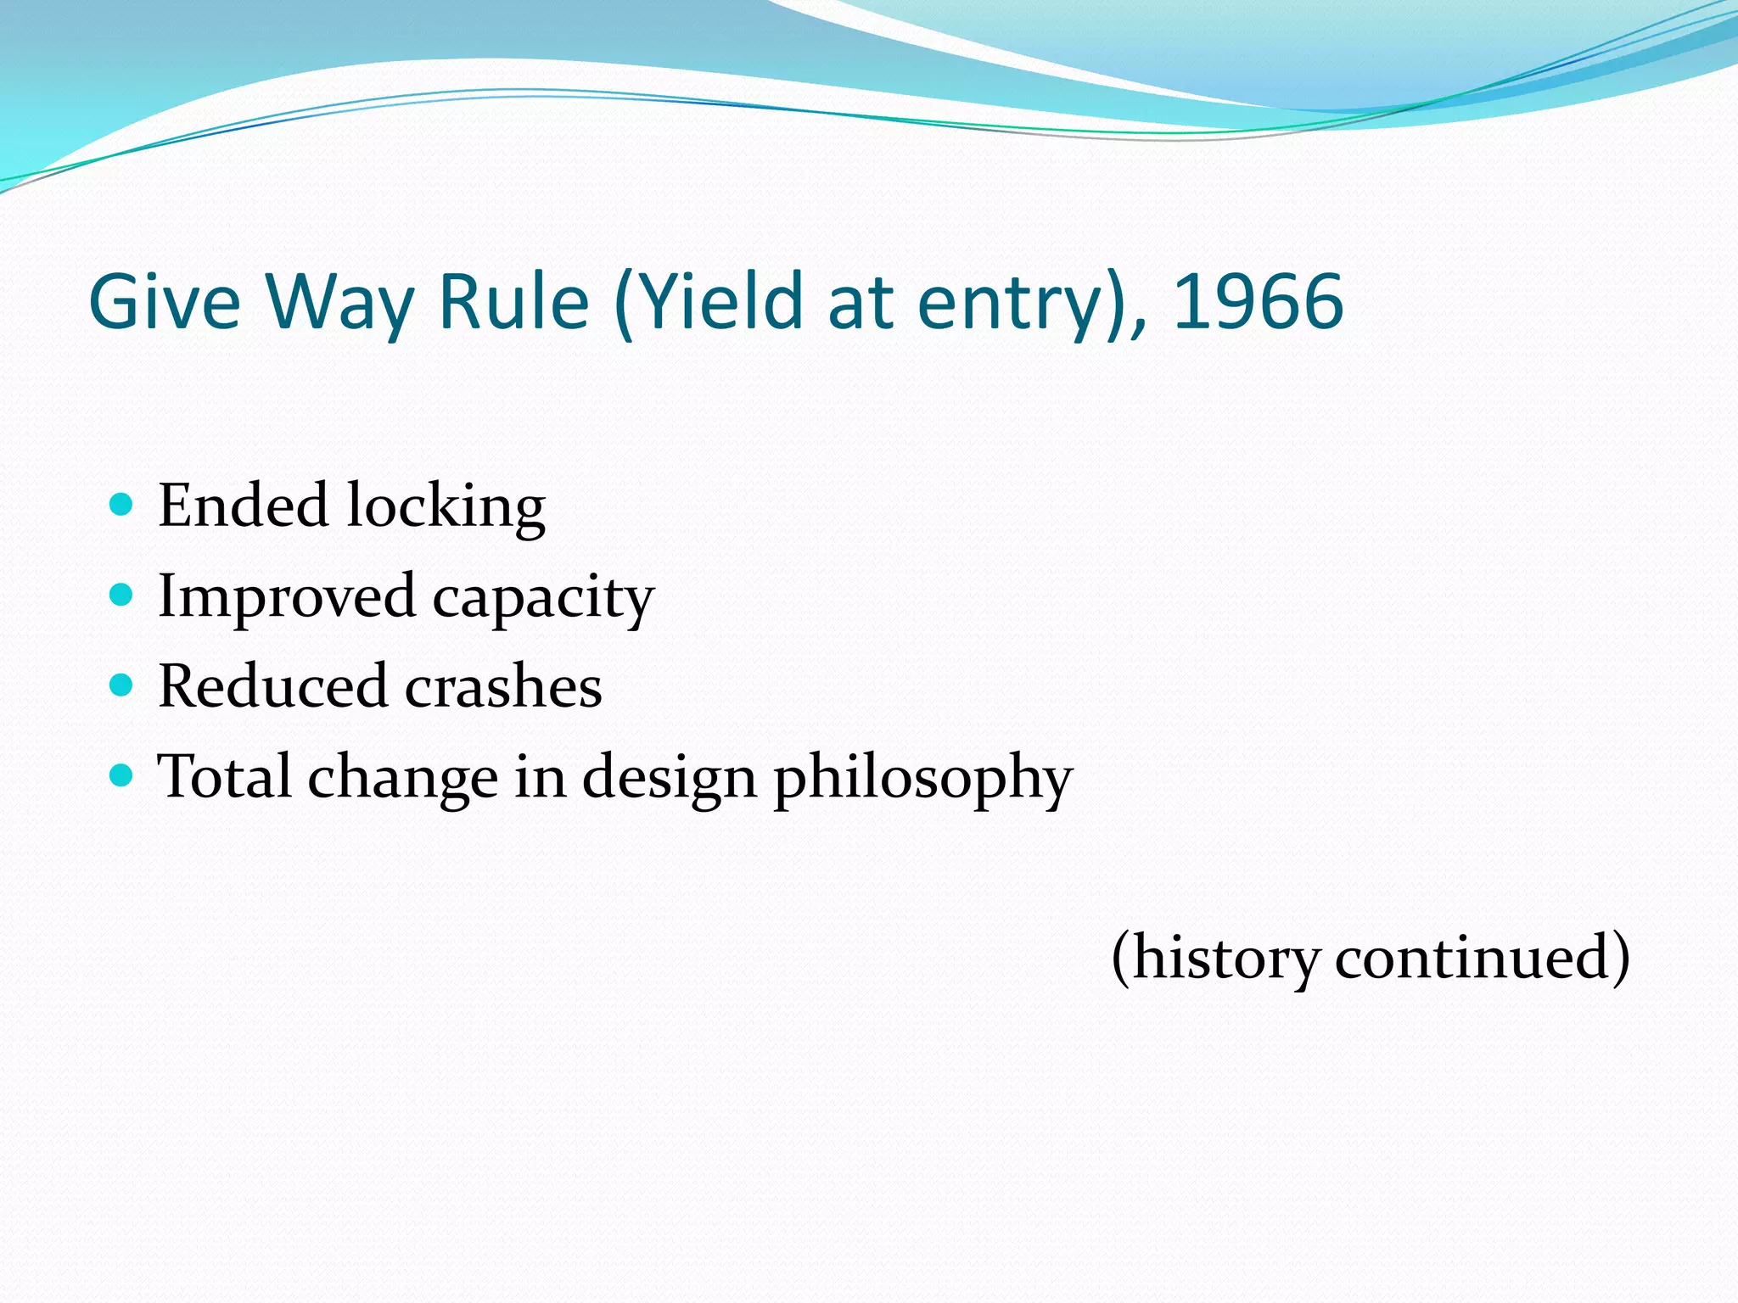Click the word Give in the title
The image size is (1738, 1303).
(165, 302)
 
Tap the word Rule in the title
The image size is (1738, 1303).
(513, 302)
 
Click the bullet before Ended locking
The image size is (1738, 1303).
(122, 505)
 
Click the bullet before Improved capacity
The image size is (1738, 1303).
(122, 595)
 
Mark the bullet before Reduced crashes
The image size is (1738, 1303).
(122, 685)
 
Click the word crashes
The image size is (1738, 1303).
(503, 685)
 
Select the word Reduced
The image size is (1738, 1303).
(272, 685)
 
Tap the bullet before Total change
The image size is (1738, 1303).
(122, 775)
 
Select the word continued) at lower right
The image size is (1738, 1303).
(1482, 957)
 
